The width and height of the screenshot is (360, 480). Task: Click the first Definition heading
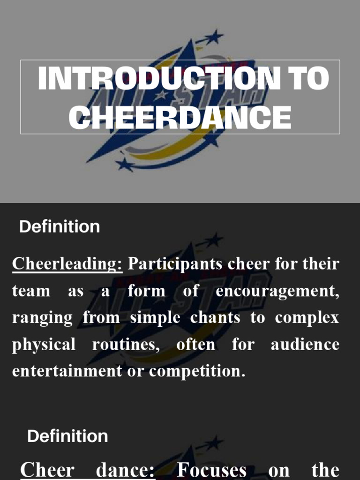click(x=60, y=227)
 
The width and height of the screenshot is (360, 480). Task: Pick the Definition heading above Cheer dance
click(x=67, y=436)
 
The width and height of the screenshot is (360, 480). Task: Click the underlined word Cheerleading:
click(x=67, y=264)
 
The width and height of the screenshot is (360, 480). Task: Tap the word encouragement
click(x=277, y=291)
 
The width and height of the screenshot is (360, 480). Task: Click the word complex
click(x=307, y=318)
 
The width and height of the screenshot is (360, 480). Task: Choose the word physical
click(x=44, y=345)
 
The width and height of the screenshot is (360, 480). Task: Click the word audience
click(x=305, y=345)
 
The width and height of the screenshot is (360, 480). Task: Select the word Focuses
click(x=211, y=470)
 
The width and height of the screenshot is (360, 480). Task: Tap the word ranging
click(x=43, y=318)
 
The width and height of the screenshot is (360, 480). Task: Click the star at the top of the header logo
click(x=216, y=36)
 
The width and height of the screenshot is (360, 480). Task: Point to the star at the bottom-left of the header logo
click(x=125, y=164)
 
